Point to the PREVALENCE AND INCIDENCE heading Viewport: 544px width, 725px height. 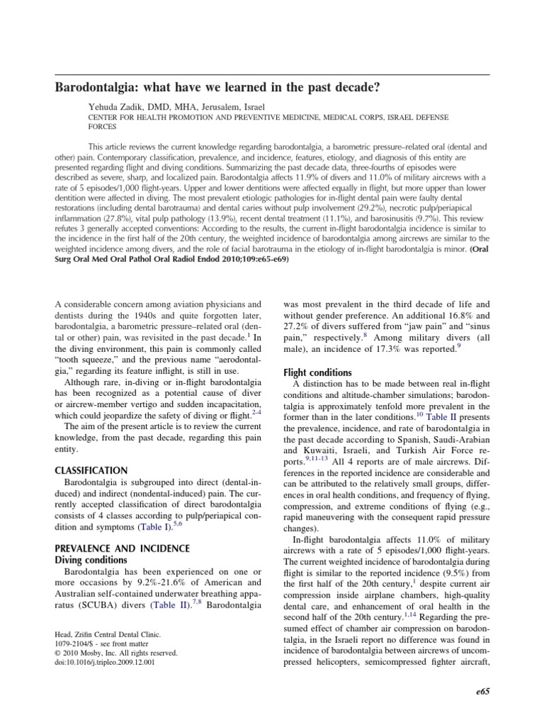pos(122,548)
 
